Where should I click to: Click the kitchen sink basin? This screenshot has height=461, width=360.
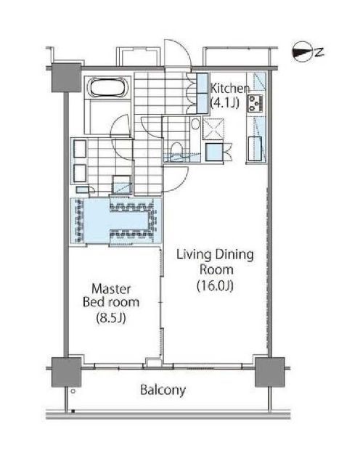pyautogui.click(x=255, y=149)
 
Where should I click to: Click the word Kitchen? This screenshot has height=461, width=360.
pyautogui.click(x=230, y=88)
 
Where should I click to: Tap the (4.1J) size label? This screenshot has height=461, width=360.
pyautogui.click(x=225, y=102)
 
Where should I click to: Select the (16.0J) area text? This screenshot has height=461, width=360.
pyautogui.click(x=216, y=285)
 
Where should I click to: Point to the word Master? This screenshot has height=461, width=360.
pyautogui.click(x=111, y=289)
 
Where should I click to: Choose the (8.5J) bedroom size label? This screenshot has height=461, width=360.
pyautogui.click(x=111, y=317)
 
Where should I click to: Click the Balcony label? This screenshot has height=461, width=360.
pyautogui.click(x=163, y=390)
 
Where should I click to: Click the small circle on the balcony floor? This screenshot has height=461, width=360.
pyautogui.click(x=73, y=391)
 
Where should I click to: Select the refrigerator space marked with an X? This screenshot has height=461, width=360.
pyautogui.click(x=213, y=129)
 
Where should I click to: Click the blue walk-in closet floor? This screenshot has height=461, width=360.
pyautogui.click(x=115, y=221)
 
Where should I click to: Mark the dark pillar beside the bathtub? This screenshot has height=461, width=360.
pyautogui.click(x=66, y=78)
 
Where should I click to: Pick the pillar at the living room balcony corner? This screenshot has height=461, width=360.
pyautogui.click(x=269, y=372)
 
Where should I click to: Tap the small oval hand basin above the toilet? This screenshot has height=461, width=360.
pyautogui.click(x=195, y=124)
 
